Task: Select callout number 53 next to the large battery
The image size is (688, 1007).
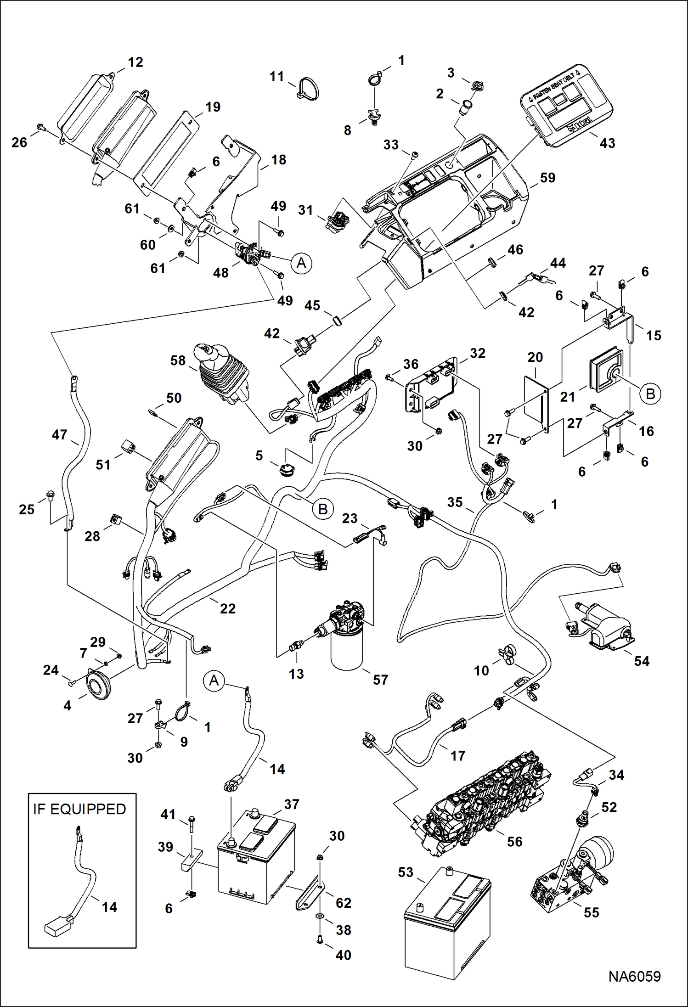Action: pos(406,872)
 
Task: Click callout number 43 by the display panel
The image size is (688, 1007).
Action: pos(607,143)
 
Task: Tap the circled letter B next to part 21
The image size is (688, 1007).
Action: pos(650,394)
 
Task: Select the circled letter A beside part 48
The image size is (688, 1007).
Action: pos(301,263)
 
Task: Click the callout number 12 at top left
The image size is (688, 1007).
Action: pos(135,62)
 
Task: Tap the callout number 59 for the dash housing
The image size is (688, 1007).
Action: pos(547,178)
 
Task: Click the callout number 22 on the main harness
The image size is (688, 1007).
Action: pos(227,608)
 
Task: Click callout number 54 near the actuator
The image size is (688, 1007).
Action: pos(642,661)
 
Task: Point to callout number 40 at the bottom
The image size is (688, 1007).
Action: pos(343,955)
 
